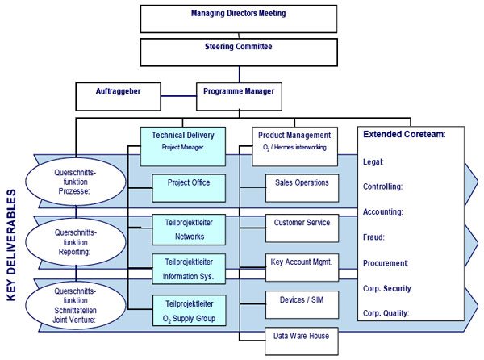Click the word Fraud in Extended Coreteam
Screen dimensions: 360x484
[373, 237]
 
